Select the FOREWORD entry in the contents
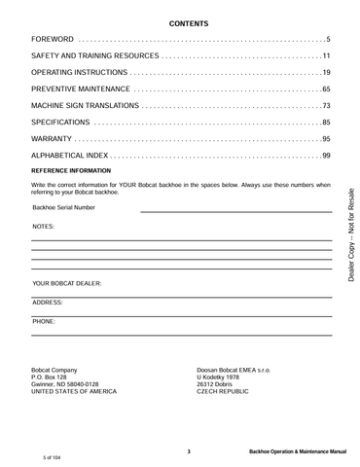(54, 39)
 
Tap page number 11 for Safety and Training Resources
(327, 56)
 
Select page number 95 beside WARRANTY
(327, 139)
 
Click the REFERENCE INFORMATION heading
(72, 170)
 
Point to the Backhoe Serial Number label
(64, 207)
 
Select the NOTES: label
(43, 226)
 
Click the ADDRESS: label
(48, 303)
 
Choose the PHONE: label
(44, 320)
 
